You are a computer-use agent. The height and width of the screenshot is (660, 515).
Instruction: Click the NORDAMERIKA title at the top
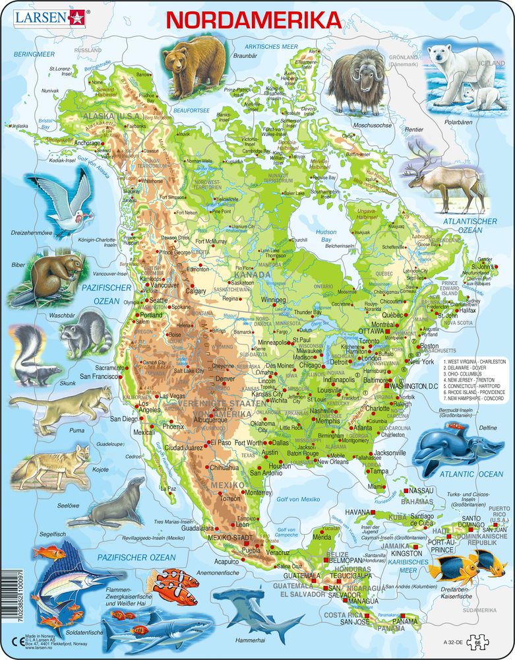pyautogui.click(x=255, y=20)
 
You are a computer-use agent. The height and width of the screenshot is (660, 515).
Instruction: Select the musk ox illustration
pyautogui.click(x=356, y=81)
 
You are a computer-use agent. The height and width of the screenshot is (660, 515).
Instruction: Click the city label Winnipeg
pyautogui.click(x=278, y=299)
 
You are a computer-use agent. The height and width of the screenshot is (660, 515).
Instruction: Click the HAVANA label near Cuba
pyautogui.click(x=340, y=511)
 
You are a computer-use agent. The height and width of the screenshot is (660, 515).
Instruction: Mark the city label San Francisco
pyautogui.click(x=98, y=376)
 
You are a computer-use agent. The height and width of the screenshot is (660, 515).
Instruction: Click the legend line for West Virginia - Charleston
pyautogui.click(x=474, y=362)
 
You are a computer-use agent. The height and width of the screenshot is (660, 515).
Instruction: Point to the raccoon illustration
pyautogui.click(x=84, y=330)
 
